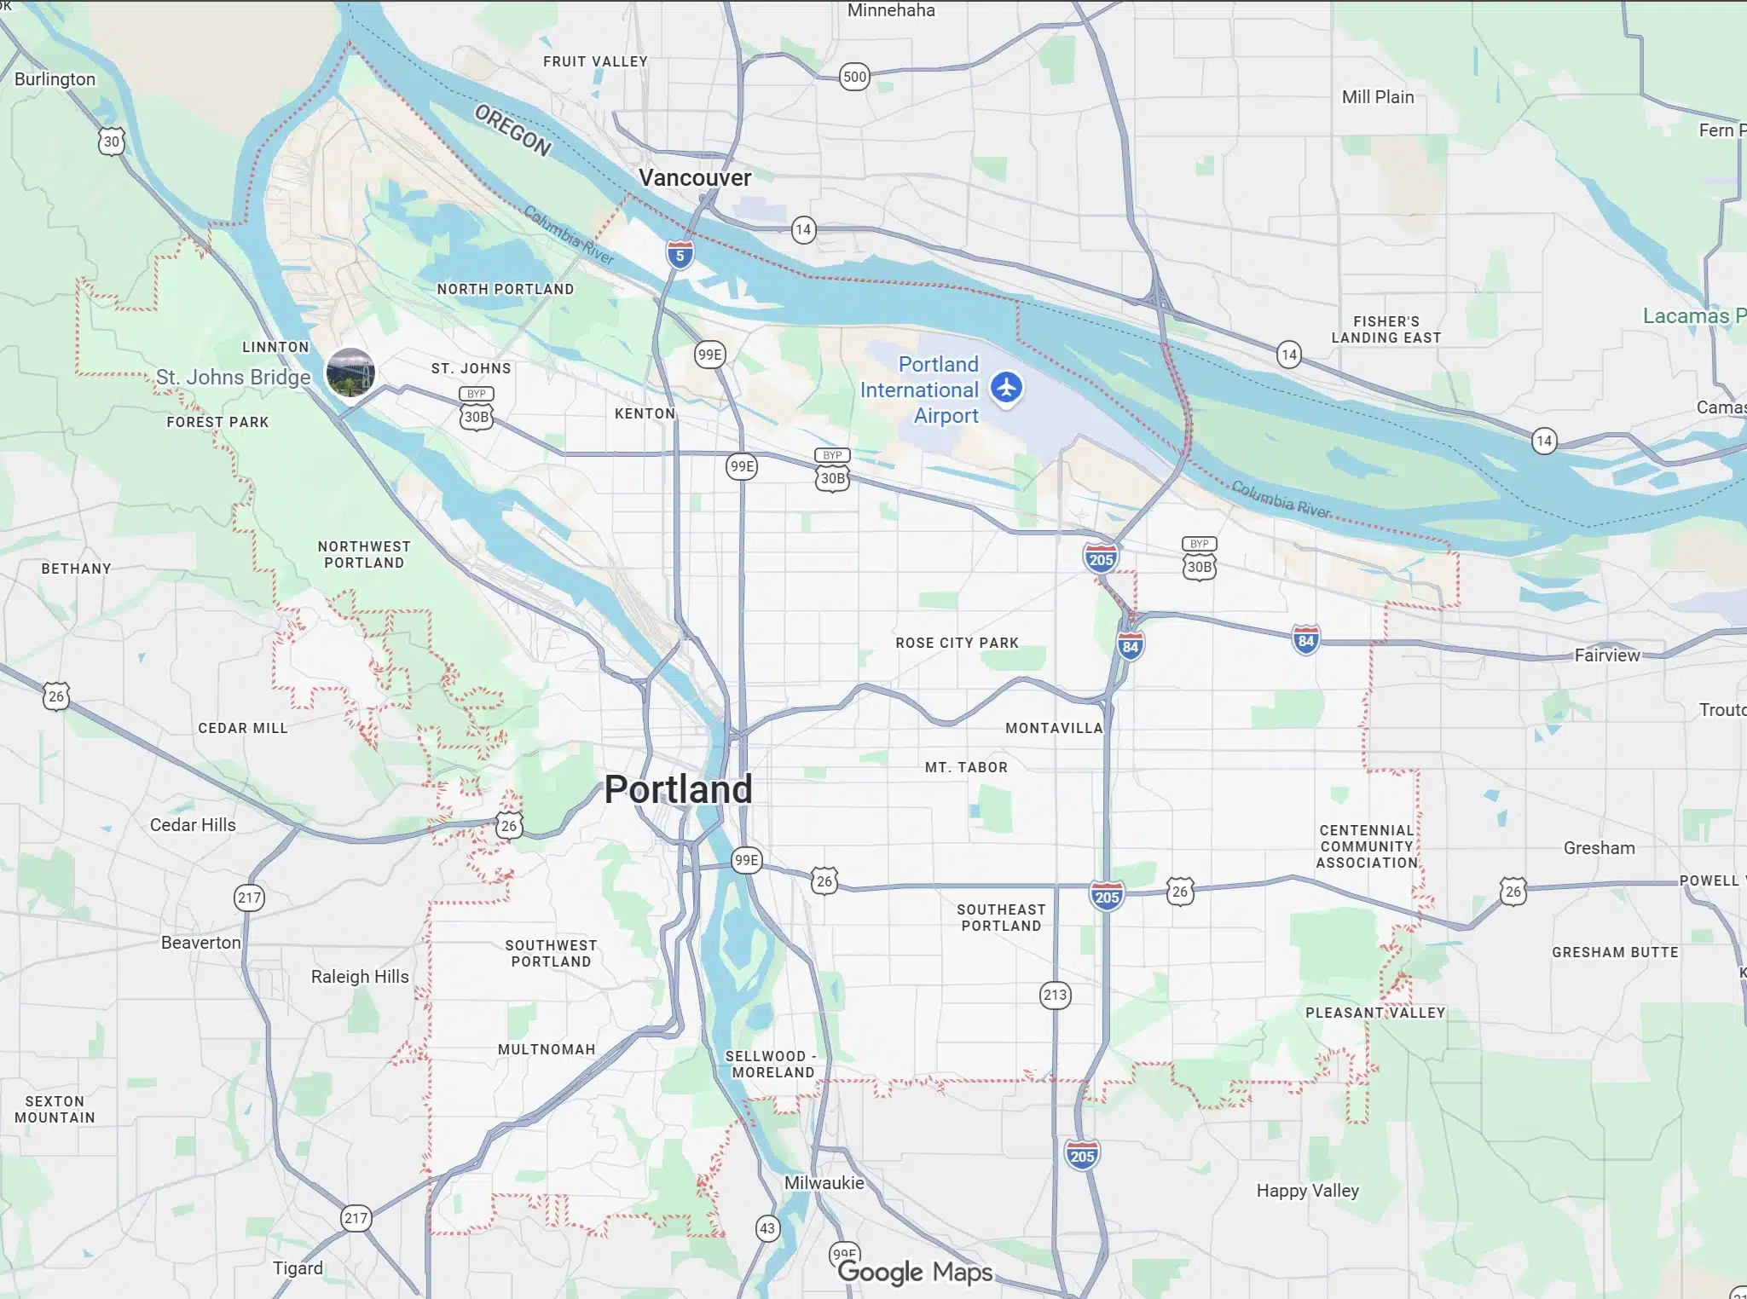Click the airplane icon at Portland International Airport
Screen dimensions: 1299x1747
click(x=1007, y=387)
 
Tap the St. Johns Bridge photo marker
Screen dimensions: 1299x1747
click(x=350, y=372)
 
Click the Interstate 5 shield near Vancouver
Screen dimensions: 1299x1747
click(x=680, y=254)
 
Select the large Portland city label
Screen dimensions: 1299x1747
click(x=678, y=789)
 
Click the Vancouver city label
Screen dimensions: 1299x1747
click(x=695, y=178)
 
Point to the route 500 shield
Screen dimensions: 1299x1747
click(x=854, y=77)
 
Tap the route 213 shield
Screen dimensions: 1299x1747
click(x=1055, y=995)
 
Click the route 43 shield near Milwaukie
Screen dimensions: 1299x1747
click(x=767, y=1228)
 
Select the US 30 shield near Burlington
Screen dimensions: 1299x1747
click(x=111, y=141)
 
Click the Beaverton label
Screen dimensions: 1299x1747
click(x=201, y=943)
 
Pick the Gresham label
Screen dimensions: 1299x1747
click(x=1599, y=848)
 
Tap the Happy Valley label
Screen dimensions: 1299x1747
click(x=1307, y=1191)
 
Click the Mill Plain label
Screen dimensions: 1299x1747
click(x=1377, y=97)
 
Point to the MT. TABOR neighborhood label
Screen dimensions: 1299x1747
click(x=966, y=767)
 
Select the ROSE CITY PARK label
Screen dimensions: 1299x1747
click(x=957, y=643)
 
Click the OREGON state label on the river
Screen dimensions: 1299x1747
click(x=512, y=130)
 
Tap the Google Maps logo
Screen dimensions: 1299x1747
click(x=915, y=1273)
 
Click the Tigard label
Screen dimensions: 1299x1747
click(x=298, y=1268)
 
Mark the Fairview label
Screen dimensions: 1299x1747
click(x=1606, y=655)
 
